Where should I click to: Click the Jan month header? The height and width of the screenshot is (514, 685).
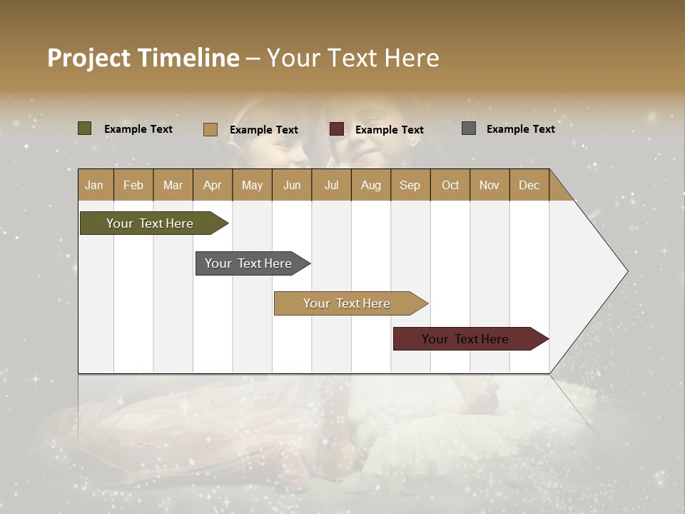click(94, 185)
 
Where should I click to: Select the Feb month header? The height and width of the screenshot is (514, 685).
click(133, 185)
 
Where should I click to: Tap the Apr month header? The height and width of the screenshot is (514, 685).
click(212, 185)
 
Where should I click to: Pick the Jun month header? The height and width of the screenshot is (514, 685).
click(292, 185)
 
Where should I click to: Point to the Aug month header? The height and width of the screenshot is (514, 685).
click(370, 185)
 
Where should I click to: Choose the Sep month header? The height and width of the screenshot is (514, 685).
click(410, 185)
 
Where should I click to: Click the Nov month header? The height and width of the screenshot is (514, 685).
click(489, 185)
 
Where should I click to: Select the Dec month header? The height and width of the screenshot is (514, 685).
click(529, 185)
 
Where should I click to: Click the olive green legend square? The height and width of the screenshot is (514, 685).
click(84, 128)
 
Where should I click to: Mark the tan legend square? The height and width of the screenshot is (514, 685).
click(210, 129)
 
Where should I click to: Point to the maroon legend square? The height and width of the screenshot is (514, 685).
click(337, 129)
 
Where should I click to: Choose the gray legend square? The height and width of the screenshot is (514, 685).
click(469, 128)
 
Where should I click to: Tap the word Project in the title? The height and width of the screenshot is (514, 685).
click(89, 57)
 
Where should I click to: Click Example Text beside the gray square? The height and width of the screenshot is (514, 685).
click(520, 129)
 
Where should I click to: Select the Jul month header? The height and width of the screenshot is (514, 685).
click(331, 185)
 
